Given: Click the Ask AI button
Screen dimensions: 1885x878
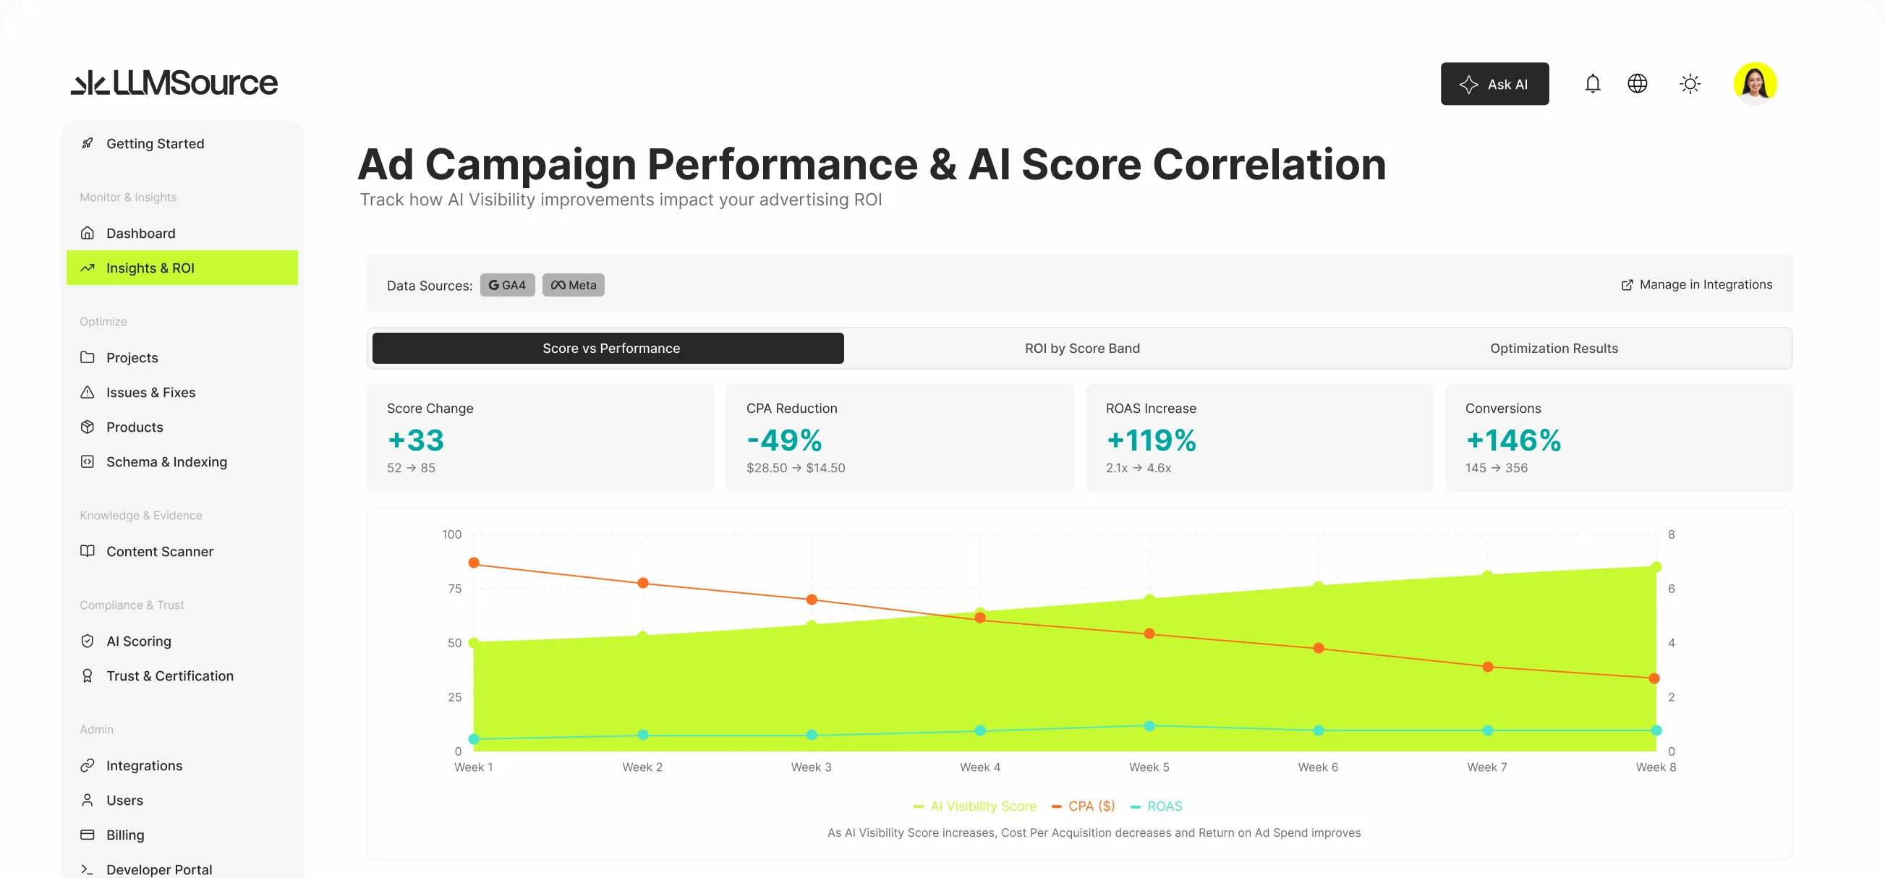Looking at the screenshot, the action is click(x=1494, y=84).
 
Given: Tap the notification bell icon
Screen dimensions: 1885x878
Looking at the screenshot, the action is click(x=1592, y=84).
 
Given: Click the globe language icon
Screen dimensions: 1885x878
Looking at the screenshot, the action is click(x=1637, y=84).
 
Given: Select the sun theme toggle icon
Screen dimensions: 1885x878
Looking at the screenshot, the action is click(x=1690, y=84).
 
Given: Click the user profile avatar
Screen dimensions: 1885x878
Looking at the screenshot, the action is click(x=1755, y=83).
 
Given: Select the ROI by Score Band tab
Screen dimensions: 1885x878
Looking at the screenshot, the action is click(x=1081, y=349).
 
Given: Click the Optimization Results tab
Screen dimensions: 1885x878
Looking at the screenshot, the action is click(x=1554, y=349).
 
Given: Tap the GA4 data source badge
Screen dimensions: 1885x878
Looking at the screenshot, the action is click(x=507, y=286).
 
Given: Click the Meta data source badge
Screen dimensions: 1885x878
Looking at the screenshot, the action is click(x=573, y=286).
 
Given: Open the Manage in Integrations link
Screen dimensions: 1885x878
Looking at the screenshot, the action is click(x=1696, y=285).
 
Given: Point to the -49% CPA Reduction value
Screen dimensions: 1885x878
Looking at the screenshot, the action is click(x=783, y=440).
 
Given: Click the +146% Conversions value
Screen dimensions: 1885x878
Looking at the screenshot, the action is click(x=1512, y=440).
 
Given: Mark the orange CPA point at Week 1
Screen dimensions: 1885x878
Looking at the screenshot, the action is click(x=474, y=563).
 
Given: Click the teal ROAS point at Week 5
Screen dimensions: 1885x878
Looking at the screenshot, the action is click(x=1149, y=726).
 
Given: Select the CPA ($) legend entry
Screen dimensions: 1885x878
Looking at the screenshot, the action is click(x=1083, y=806).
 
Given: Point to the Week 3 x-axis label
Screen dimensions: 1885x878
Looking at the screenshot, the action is click(x=811, y=767).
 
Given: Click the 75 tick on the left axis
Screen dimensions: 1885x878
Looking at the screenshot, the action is click(x=454, y=589).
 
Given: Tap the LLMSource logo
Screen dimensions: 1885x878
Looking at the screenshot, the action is click(x=174, y=82).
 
